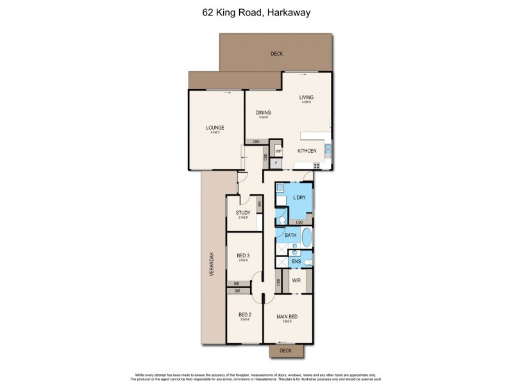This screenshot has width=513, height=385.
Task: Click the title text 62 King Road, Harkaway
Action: pos(256,11)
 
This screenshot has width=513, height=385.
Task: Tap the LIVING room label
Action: pos(306,98)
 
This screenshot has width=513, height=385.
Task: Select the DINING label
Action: pos(262,113)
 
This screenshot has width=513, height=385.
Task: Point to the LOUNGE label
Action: pos(214,128)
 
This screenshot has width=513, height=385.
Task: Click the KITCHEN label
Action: pos(307,150)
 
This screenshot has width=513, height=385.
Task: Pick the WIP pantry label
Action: pos(279,151)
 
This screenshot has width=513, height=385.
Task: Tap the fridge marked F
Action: pos(276,164)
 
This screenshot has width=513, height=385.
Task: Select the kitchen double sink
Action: pos(328,151)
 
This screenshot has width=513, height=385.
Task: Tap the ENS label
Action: pos(296,262)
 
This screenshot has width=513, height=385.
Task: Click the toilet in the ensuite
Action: pos(308,262)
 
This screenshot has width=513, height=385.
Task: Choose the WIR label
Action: pos(297,280)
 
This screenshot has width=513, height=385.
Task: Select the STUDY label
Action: pos(242,214)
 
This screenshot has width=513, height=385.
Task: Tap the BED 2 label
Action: pos(244,314)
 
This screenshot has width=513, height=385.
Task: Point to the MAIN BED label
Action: pos(287,317)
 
